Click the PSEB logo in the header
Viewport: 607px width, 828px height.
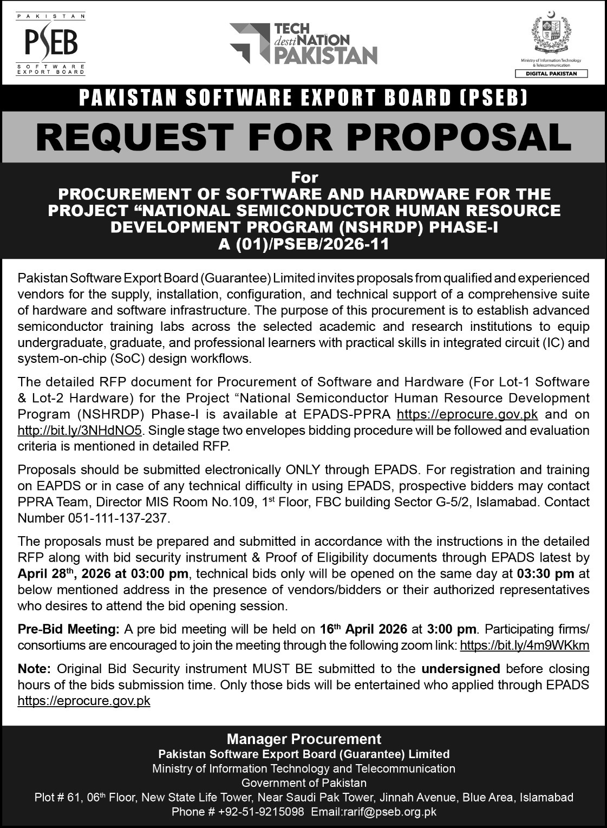[51, 43]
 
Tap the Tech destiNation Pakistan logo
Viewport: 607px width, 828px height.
[303, 44]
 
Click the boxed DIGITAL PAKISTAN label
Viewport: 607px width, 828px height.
[550, 73]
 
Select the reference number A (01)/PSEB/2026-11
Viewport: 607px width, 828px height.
[303, 244]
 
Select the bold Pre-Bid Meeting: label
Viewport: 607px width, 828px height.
[68, 629]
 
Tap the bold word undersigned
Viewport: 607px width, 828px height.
[460, 669]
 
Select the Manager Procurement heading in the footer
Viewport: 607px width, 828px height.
[303, 739]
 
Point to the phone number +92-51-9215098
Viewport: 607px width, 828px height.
[261, 812]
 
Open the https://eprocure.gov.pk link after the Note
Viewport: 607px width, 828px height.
[84, 701]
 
